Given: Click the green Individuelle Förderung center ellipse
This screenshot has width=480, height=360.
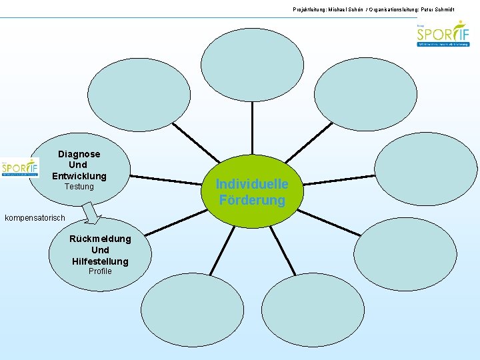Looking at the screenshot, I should (252, 191).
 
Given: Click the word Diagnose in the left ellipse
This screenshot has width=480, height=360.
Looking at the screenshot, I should (79, 154).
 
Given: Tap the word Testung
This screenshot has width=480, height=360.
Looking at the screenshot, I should (79, 187).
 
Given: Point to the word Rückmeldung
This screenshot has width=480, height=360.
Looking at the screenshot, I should (100, 239).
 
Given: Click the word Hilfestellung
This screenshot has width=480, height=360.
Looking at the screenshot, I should (100, 261).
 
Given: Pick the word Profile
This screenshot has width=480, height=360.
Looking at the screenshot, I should (100, 271).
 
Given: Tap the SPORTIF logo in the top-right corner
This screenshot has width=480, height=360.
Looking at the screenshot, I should (443, 34).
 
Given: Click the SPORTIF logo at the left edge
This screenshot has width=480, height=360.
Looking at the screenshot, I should (19, 167).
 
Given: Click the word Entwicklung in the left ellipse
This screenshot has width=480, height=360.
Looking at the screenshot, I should (79, 176).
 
